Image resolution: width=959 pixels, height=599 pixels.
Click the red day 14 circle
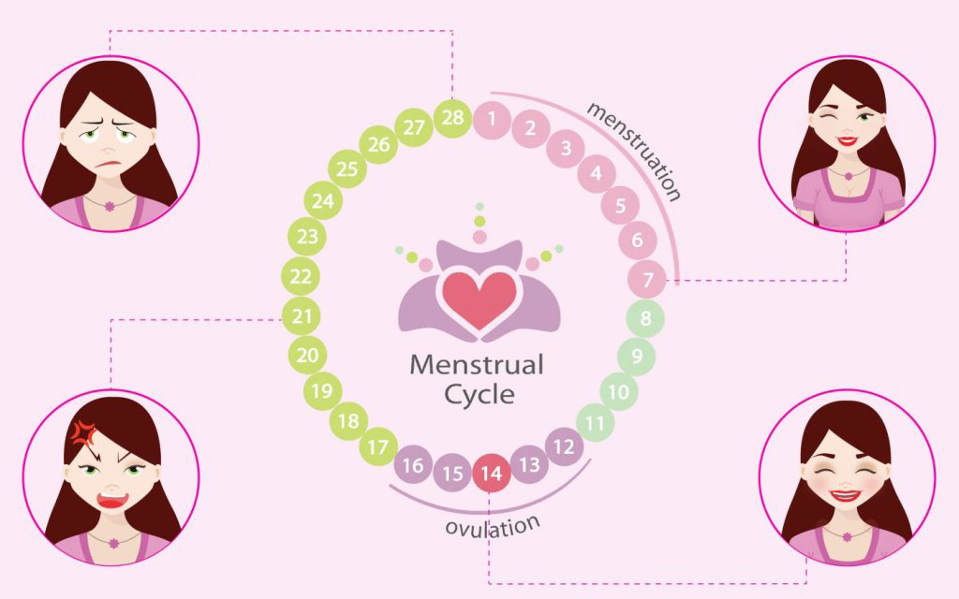[491, 473]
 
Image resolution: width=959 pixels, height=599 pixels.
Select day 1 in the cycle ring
[492, 119]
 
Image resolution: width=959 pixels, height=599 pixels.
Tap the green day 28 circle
[452, 118]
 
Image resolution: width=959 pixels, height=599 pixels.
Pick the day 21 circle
[301, 316]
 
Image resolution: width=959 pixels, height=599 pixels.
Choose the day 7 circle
[647, 279]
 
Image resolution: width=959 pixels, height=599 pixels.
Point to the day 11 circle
[595, 422]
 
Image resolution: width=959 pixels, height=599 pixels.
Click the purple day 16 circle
[413, 464]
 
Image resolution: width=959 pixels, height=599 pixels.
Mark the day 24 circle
[323, 200]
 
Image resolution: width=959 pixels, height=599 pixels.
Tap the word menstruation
[634, 151]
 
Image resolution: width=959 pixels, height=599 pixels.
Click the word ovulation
[493, 526]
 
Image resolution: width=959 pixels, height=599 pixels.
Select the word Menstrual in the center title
[477, 365]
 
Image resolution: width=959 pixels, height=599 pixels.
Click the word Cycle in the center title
[479, 394]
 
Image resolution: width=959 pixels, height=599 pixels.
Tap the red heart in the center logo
[479, 299]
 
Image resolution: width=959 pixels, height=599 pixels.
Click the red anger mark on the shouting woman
[83, 432]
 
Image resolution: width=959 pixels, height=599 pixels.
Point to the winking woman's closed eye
[828, 116]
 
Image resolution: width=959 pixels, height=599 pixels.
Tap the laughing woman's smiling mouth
[847, 495]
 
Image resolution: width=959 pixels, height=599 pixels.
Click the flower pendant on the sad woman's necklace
[111, 206]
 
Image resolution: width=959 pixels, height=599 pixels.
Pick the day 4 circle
[596, 173]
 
